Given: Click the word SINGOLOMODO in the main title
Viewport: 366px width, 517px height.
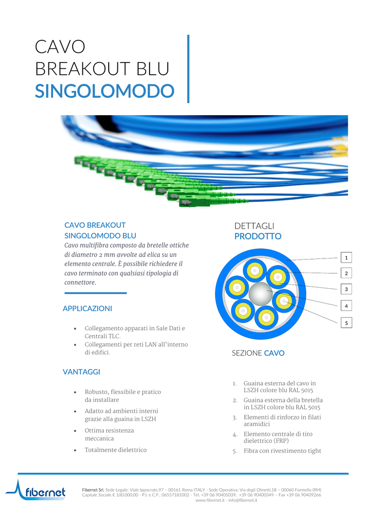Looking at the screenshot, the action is [x=105, y=91].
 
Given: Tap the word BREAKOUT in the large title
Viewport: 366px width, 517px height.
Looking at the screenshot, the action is [x=83, y=69].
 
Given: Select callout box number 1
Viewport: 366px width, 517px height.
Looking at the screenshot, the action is [x=346, y=257].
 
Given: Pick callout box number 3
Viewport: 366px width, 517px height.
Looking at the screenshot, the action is [x=346, y=289].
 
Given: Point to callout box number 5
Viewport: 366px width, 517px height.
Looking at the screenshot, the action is [x=346, y=323].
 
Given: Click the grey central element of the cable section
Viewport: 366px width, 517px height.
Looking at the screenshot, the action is [x=260, y=294].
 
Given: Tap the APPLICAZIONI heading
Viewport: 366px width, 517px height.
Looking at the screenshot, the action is [x=87, y=308].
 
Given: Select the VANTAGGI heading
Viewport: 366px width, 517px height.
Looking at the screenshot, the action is [x=81, y=372].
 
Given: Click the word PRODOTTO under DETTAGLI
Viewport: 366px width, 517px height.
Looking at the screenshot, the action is [x=258, y=236].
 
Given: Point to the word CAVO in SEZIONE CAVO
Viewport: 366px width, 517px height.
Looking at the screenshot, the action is [x=274, y=353].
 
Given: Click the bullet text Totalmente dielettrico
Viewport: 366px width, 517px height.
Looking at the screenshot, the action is [x=115, y=450].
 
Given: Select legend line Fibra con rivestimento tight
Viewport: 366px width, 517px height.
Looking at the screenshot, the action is [x=282, y=451].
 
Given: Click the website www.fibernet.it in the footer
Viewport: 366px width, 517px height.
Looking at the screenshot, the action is [x=210, y=500].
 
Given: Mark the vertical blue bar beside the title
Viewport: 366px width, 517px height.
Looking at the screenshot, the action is [x=188, y=69].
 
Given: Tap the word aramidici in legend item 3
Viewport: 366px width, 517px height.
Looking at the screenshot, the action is [x=257, y=424].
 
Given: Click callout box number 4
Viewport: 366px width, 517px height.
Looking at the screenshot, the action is [x=346, y=305].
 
